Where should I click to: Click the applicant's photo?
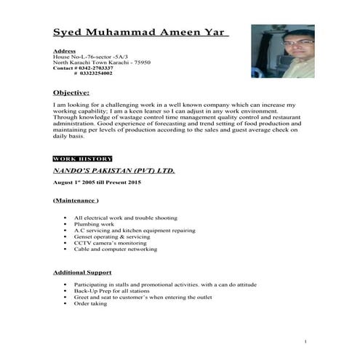point(282,51)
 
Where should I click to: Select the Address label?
point(64,52)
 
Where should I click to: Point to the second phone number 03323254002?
point(96,73)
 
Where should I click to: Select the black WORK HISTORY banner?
point(82,159)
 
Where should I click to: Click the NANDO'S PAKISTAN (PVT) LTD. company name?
point(113,171)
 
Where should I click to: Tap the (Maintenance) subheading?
point(76,199)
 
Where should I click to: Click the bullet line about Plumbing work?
point(95,224)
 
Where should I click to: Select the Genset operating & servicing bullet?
point(111,236)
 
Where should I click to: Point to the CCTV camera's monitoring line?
point(110,243)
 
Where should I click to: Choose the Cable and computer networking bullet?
point(115,249)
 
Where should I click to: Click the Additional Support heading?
point(81,272)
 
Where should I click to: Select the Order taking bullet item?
point(90,303)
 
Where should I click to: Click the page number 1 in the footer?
point(306,341)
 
